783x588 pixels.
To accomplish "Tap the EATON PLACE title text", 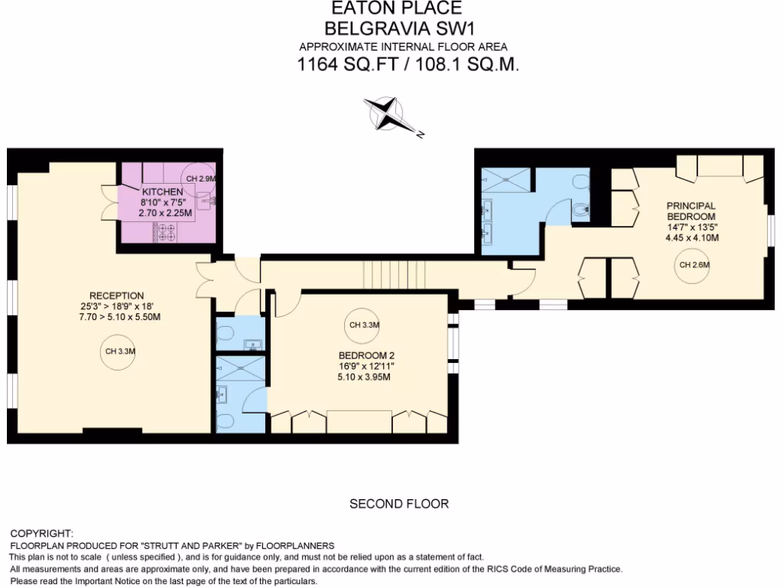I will coord(396,9).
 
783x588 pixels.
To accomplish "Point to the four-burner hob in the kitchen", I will coord(164,231).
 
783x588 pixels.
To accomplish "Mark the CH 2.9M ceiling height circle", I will coord(202,178).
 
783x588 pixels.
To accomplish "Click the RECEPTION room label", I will coord(116,296).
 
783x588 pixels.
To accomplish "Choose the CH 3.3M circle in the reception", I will coord(115,352).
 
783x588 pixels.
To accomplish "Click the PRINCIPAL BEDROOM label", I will coord(691,211).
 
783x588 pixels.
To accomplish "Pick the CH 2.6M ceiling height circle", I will coord(694,266).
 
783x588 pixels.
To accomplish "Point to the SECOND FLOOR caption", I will coord(398,504).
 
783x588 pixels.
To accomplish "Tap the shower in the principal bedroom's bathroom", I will coord(505,180).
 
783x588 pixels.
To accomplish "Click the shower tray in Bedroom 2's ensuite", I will coord(241,367).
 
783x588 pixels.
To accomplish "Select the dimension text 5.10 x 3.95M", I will coord(365,377).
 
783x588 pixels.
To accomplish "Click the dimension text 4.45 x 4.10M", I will coord(691,237).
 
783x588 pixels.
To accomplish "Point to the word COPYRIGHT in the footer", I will coord(41,533).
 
